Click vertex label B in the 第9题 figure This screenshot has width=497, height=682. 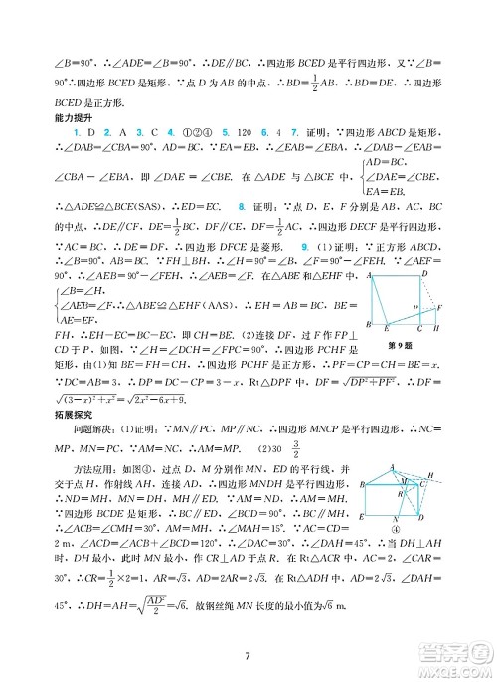(370, 325)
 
